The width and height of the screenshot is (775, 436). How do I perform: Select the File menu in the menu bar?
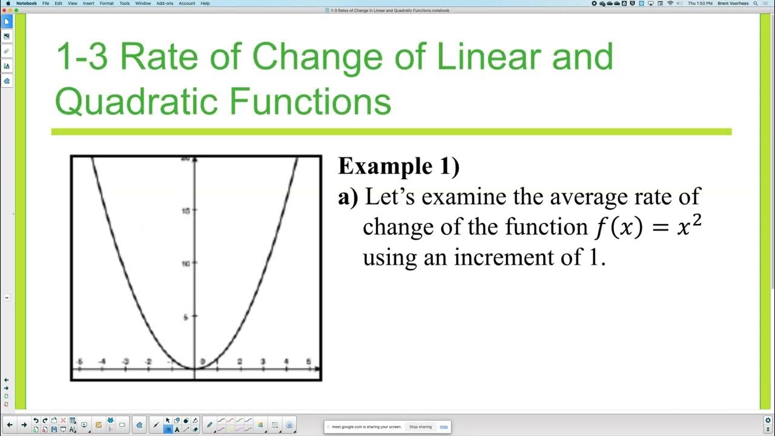pos(45,3)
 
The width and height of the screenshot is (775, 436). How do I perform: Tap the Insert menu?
pos(88,3)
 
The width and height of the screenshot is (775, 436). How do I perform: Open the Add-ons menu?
pos(164,3)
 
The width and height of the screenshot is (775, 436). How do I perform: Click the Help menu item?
pos(205,3)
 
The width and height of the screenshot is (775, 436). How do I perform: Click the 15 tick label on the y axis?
pos(186,211)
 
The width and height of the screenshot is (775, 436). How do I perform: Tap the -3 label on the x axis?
pos(125,362)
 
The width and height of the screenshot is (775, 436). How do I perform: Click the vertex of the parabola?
pos(194,368)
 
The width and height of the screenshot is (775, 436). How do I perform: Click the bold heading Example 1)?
pos(398,166)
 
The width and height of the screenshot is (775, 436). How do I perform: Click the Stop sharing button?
pos(420,427)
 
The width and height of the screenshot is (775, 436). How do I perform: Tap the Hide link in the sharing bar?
pos(444,427)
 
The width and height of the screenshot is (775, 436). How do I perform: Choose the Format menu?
pos(107,3)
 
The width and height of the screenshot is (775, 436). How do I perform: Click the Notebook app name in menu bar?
pos(26,3)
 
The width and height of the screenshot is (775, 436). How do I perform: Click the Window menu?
pos(143,3)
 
